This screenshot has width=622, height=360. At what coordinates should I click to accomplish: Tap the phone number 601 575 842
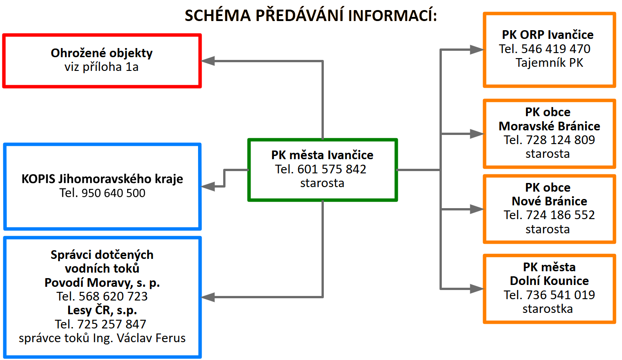tap(332, 169)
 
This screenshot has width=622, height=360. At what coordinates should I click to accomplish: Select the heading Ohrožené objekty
tap(102, 53)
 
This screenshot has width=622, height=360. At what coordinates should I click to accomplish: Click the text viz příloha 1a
tap(102, 67)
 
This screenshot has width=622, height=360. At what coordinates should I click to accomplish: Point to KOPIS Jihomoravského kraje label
tap(102, 178)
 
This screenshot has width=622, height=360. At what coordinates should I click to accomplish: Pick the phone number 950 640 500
tap(113, 193)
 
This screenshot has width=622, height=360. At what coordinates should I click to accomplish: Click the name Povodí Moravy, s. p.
tap(102, 283)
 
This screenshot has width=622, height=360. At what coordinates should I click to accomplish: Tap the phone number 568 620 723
tap(113, 296)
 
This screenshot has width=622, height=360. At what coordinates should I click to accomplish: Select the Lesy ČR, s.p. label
tap(102, 311)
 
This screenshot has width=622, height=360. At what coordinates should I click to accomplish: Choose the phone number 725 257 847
tap(113, 324)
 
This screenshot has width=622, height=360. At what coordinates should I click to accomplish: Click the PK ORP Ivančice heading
tap(547, 35)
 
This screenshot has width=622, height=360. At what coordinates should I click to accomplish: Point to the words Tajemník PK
tap(549, 63)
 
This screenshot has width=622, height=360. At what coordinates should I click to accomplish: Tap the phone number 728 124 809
tap(561, 140)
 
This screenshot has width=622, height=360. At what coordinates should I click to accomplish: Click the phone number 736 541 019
tap(561, 295)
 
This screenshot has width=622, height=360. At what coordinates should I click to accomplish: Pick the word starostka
tap(547, 309)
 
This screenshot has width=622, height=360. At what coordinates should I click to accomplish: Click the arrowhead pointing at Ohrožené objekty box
tap(208, 60)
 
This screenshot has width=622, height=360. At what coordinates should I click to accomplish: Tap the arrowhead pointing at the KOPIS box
tap(208, 186)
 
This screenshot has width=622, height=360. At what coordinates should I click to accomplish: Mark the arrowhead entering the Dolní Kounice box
tap(477, 288)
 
